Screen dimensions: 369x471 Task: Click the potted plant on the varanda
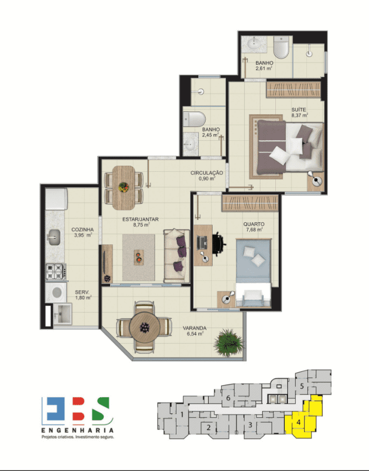point(229,342)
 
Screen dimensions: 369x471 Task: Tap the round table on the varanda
point(145,327)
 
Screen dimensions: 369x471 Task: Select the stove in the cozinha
point(56,272)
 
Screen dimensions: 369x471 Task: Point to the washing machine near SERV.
point(56,291)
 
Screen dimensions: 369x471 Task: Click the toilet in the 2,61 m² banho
point(281,47)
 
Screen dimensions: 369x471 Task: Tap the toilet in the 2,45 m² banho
point(194,119)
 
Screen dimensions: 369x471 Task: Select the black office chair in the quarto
point(219,244)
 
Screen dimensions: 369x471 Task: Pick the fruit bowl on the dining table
point(124,187)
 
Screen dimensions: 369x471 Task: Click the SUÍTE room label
point(299,110)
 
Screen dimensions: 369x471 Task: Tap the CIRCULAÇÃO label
point(207,173)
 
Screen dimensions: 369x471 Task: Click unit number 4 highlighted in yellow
point(298,422)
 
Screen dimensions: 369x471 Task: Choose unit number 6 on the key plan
point(228,398)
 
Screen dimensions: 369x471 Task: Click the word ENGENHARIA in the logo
point(78,431)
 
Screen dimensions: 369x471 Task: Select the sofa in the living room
point(177,256)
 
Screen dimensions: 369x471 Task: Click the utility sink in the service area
point(63,314)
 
